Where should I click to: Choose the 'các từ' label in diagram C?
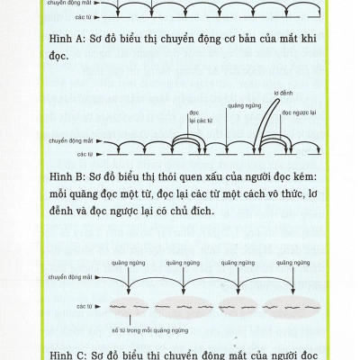click(x=86, y=307)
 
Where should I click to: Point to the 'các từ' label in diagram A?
click(x=86, y=18)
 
